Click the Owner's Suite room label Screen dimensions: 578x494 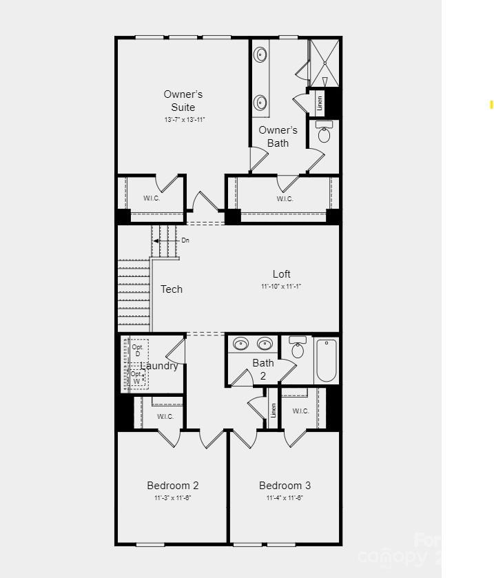coord(183,101)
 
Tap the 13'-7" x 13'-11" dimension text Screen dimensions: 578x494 coord(185,120)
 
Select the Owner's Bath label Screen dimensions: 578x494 coord(278,136)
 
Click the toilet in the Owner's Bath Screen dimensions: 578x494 coord(324,133)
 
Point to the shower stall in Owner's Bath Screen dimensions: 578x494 coord(325,63)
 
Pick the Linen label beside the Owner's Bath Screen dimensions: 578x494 coord(320,103)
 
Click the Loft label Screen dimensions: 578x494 coord(281,274)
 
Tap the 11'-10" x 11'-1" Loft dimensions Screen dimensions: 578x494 coord(281,287)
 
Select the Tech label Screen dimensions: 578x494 coord(172,289)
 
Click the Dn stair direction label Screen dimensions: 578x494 coord(185,240)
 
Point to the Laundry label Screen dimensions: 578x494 coord(160,366)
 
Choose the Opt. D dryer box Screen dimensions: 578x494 coord(138,350)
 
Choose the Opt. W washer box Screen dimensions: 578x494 coord(136,378)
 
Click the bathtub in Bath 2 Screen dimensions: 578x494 coord(326,360)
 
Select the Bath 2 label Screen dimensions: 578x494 coord(263,369)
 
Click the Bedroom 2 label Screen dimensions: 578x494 coord(173,486)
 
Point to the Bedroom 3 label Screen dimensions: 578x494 coord(285,486)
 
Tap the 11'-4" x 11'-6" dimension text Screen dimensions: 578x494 coord(285,497)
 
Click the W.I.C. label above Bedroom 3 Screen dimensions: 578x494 coord(300,411)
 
